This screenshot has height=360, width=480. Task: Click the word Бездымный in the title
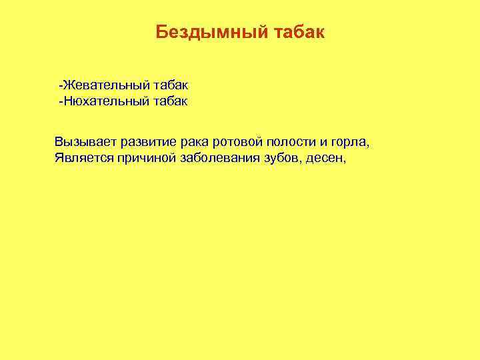[x=212, y=33]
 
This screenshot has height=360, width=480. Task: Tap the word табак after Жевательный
[x=171, y=86]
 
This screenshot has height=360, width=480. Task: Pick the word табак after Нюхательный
[x=171, y=102]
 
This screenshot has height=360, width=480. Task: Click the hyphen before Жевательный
[x=60, y=86]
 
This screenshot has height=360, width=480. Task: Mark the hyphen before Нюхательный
[x=60, y=102]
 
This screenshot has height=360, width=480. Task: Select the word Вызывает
[x=84, y=142]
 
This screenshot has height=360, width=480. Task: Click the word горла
[x=351, y=143]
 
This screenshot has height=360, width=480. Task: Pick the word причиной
[x=144, y=158]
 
